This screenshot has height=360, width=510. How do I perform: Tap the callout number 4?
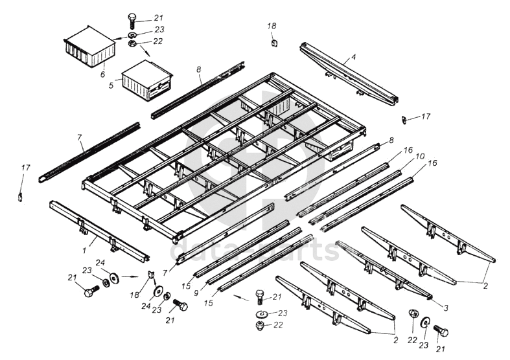[354, 57]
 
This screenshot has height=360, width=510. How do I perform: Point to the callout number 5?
[111, 84]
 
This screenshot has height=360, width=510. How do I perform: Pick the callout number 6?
[102, 74]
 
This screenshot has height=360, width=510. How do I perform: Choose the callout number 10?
[420, 156]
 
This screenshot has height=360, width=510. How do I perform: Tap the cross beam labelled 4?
[349, 73]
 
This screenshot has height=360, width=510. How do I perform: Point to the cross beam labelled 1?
[99, 228]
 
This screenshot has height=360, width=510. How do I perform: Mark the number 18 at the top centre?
[272, 25]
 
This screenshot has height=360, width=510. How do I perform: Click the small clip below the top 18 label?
[273, 43]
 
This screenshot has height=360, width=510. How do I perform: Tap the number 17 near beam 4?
[425, 117]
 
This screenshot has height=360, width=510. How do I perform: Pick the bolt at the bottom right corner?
[441, 331]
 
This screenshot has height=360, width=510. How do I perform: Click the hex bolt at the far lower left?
[89, 291]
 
